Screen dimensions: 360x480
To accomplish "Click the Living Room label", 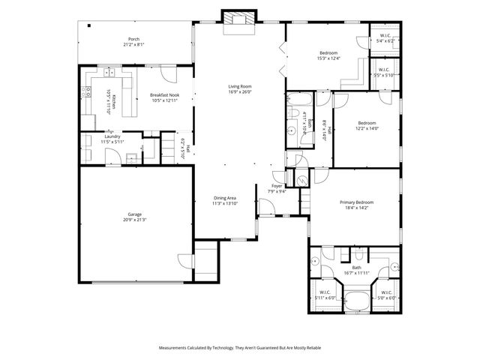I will (x=239, y=86).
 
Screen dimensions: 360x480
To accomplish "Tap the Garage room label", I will (x=135, y=214).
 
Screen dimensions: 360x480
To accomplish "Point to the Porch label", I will (x=133, y=39).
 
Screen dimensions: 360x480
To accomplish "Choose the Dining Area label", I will (x=224, y=198).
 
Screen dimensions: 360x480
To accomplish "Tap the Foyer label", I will (x=277, y=186).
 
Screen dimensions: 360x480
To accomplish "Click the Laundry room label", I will (x=112, y=136).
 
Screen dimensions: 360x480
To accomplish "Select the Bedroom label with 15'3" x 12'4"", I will (x=328, y=52).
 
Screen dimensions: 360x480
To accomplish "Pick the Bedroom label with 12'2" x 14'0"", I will (x=366, y=122).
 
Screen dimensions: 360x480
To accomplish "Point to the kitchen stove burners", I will (x=87, y=91).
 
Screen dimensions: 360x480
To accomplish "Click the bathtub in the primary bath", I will (x=356, y=301).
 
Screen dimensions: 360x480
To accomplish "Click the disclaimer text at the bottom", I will (x=239, y=347).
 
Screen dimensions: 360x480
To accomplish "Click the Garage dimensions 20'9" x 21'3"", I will (x=135, y=220).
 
